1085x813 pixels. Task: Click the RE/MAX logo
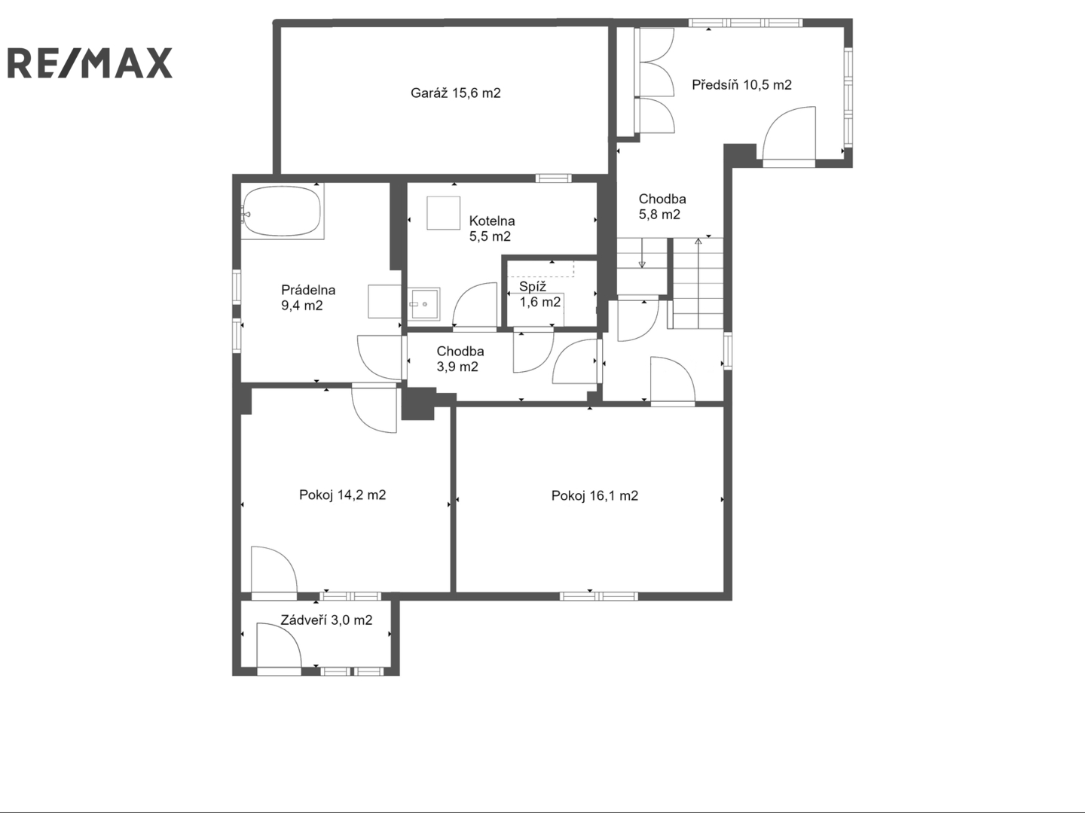[90, 62]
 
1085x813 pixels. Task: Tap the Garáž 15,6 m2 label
[455, 93]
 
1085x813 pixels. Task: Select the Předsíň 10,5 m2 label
[741, 85]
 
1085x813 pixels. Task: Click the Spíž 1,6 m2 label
[539, 294]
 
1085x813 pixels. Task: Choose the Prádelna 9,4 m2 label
[308, 297]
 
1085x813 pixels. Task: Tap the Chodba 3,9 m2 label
[460, 359]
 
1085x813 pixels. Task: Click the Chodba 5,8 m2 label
[662, 207]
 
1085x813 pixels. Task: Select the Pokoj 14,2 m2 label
[342, 495]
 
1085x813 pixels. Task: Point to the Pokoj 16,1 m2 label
[594, 495]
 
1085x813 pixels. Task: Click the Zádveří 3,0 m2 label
[326, 620]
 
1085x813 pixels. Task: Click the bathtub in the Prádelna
[283, 212]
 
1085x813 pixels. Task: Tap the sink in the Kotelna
[423, 304]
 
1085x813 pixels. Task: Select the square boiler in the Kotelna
[443, 213]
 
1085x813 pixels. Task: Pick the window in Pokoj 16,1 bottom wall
[598, 596]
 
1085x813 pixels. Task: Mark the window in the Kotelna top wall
[553, 178]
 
